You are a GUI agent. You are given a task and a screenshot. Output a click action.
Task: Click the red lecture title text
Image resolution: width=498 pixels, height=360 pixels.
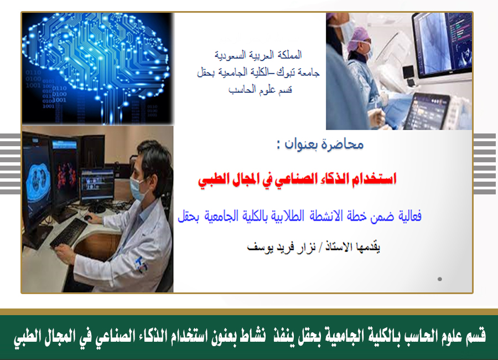tap(297, 179)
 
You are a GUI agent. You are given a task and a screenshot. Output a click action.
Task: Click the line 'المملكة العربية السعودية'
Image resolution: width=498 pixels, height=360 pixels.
tap(258, 55)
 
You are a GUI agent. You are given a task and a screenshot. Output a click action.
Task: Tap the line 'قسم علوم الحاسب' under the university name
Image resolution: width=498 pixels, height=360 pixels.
tap(260, 90)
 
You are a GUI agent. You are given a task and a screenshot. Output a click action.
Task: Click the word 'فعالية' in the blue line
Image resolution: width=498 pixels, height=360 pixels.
tap(409, 217)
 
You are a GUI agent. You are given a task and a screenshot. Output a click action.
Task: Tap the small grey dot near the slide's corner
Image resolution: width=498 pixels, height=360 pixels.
tap(439, 279)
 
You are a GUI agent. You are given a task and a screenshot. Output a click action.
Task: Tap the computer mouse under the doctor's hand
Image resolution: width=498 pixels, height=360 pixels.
tap(87, 218)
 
